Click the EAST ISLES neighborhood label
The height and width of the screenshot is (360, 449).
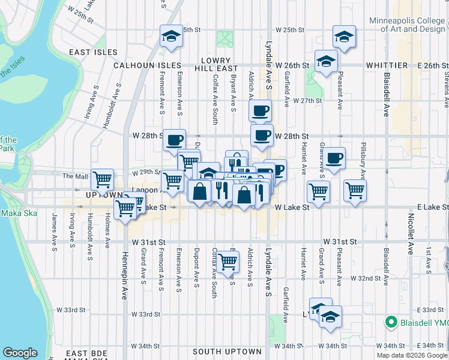(93, 52)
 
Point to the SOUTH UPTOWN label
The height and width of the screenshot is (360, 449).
(227, 352)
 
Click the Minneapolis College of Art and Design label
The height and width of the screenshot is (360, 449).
(407, 24)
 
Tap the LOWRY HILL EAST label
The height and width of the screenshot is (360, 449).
(216, 65)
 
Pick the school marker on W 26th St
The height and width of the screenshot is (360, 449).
(327, 61)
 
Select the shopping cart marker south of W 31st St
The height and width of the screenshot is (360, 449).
(228, 261)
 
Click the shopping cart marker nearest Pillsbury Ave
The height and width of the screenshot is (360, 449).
(355, 190)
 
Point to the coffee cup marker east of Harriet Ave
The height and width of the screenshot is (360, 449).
(334, 158)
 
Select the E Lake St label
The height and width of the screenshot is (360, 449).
(427, 207)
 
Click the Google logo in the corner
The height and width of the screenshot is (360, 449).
(20, 353)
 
